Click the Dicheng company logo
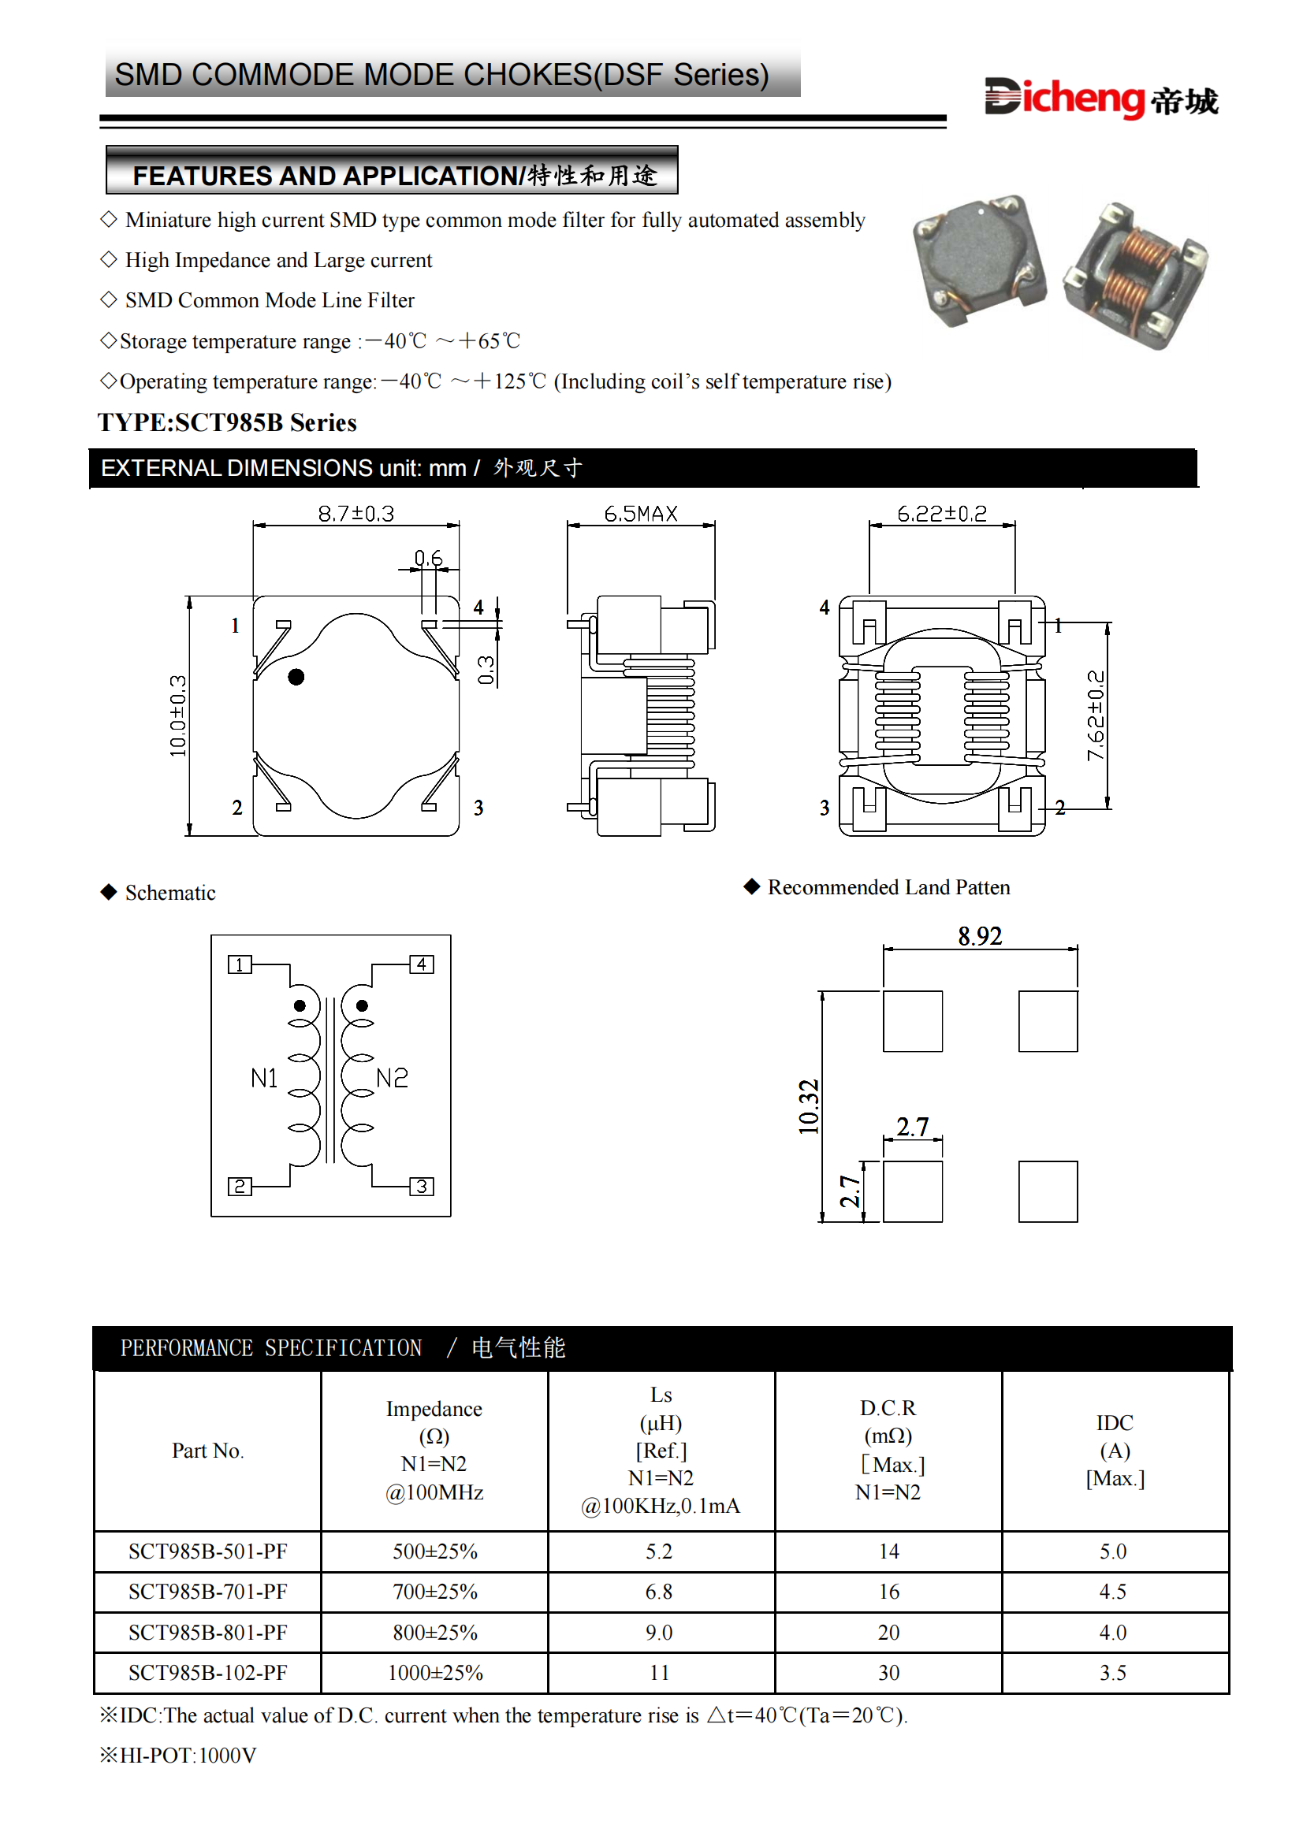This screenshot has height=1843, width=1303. [1100, 98]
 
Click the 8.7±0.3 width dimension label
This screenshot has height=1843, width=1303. [356, 514]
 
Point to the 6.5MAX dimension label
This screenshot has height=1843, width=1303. [641, 514]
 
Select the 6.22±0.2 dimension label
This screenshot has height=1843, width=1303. [942, 514]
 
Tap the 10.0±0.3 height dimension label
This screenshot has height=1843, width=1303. [177, 715]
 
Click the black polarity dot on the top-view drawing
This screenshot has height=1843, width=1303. [296, 677]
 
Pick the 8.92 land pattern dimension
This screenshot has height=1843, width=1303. [980, 936]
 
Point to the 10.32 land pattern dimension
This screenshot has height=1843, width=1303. [809, 1107]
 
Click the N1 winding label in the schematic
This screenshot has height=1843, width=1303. [264, 1078]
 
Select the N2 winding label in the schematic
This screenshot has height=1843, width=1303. [392, 1078]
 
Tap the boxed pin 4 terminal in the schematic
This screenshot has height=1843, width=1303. [422, 964]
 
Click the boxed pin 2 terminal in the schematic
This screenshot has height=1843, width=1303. [240, 1187]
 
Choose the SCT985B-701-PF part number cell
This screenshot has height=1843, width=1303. [208, 1591]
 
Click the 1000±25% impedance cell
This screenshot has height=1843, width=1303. [435, 1673]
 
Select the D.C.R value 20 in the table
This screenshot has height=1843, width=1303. [888, 1632]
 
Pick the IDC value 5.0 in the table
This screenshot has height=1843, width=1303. [1113, 1551]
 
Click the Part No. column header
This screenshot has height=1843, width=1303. [207, 1451]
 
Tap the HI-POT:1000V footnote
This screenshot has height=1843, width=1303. [178, 1756]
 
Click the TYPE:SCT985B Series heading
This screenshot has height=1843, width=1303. [227, 422]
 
